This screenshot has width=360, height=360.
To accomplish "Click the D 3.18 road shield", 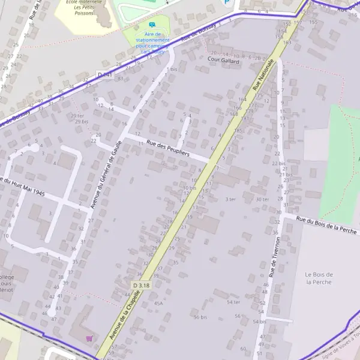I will pyautogui.click(x=140, y=286).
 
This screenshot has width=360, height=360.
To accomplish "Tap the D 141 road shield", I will pyautogui.click(x=104, y=74).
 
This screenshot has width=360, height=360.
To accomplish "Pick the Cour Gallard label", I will pyautogui.click(x=223, y=61).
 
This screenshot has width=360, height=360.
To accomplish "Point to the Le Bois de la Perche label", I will pyautogui.click(x=319, y=278).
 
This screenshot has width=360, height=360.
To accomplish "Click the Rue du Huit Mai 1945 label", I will pyautogui.click(x=23, y=187).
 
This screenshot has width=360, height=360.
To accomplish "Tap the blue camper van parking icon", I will pyautogui.click(x=152, y=25).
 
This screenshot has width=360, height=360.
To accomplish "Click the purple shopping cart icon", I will pyautogui.click(x=89, y=338).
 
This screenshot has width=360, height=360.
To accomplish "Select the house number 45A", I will pyautogui.click(x=158, y=304).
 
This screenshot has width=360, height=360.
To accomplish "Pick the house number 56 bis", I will pyautogui.click(x=200, y=317).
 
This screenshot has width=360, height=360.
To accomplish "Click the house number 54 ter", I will pyautogui.click(x=233, y=302).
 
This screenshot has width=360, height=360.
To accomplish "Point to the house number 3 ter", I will pyautogui.click(x=230, y=199).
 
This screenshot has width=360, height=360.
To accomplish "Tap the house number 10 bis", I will pyautogui.click(x=190, y=188).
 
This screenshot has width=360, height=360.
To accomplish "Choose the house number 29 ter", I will pyautogui.click(x=77, y=115).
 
